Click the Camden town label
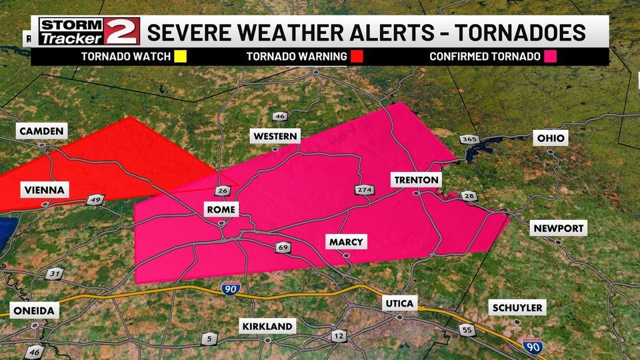[x=41, y=131]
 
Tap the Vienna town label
[x=43, y=190]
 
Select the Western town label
[x=275, y=137]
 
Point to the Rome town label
[x=221, y=210]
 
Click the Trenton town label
[x=416, y=180]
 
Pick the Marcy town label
[x=347, y=242]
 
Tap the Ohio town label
[x=551, y=139]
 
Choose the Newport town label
[x=559, y=229]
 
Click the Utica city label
[x=399, y=304]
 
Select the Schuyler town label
[x=517, y=308]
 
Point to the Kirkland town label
[x=267, y=326]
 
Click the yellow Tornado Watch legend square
[x=179, y=57]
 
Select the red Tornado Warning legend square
[x=357, y=57]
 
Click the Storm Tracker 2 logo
[x=89, y=31]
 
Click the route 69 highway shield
[x=283, y=248]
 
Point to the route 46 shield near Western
[x=280, y=117]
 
